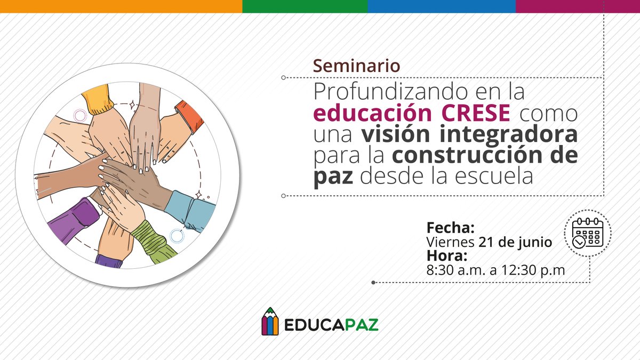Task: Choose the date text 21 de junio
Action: coord(515,242)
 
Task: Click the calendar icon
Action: coord(587,234)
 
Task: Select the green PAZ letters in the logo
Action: coord(360,324)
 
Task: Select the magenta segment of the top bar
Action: coord(577,6)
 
